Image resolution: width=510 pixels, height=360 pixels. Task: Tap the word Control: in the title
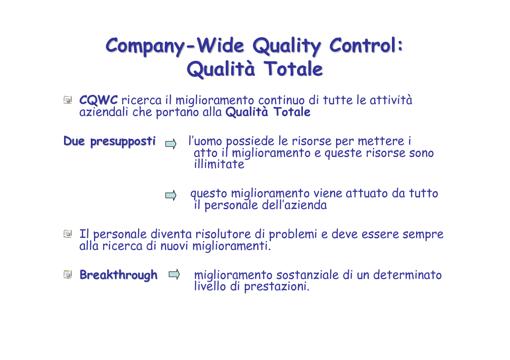pyautogui.click(x=366, y=45)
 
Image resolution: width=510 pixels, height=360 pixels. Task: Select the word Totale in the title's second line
pyautogui.click(x=293, y=69)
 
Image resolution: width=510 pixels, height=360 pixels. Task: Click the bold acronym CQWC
pyautogui.click(x=98, y=100)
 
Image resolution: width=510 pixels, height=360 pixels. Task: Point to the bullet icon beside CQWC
pyautogui.click(x=68, y=100)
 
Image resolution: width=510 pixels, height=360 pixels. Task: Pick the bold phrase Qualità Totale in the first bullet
pyautogui.click(x=268, y=112)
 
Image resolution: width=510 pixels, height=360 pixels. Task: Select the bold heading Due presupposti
pyautogui.click(x=109, y=142)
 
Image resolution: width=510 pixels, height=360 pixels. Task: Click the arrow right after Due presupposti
pyautogui.click(x=171, y=144)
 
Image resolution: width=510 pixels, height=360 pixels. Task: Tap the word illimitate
pyautogui.click(x=219, y=164)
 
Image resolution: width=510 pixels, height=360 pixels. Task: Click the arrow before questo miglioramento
pyautogui.click(x=171, y=195)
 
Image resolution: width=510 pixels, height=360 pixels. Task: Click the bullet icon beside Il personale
pyautogui.click(x=68, y=234)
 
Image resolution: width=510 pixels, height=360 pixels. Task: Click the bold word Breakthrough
pyautogui.click(x=119, y=275)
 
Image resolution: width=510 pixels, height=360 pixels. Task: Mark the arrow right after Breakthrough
pyautogui.click(x=174, y=275)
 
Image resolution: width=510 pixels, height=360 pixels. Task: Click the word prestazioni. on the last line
pyautogui.click(x=277, y=287)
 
